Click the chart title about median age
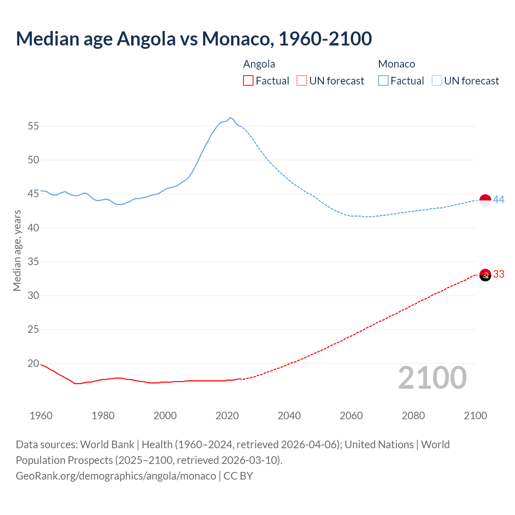point(194,39)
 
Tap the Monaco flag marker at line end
point(485,200)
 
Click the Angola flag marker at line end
point(485,275)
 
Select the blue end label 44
point(499,200)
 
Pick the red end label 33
point(499,274)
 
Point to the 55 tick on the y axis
point(33,126)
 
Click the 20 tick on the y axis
point(33,364)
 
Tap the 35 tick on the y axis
point(33,262)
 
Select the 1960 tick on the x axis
point(41,416)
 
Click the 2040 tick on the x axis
point(289,416)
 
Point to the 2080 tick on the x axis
point(413,416)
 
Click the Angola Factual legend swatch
point(248,81)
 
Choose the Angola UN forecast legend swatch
point(302,81)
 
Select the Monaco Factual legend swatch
point(383,81)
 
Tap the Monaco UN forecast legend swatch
point(437,81)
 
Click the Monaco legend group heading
point(396,64)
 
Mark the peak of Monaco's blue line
point(230,118)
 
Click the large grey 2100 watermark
point(432,378)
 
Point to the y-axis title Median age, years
point(17,250)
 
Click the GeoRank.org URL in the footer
point(116,476)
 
